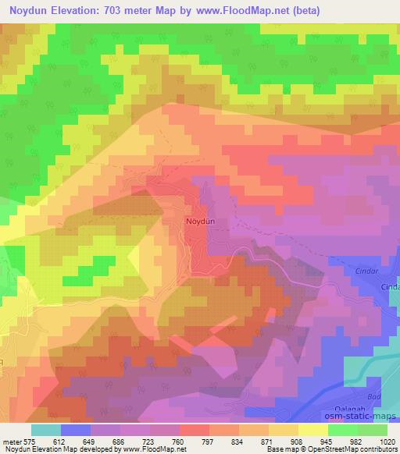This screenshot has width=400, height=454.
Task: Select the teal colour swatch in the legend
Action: [x=46, y=430]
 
